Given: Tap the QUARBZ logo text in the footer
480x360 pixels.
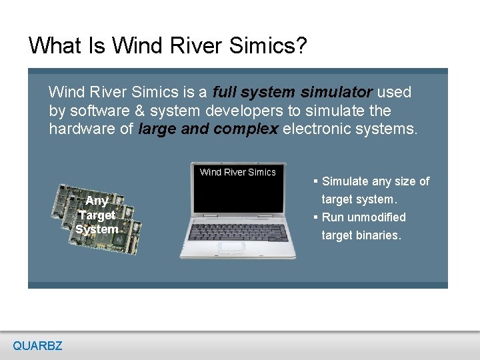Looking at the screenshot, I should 37,345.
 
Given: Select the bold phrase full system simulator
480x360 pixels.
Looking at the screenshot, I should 292,92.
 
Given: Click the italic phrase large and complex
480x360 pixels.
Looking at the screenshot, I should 208,129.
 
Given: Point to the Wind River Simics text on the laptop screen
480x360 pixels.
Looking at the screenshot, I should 237,172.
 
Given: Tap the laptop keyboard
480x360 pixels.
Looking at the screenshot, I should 238,229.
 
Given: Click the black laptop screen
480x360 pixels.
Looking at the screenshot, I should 237,190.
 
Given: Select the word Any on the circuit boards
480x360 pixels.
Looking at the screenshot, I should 97,201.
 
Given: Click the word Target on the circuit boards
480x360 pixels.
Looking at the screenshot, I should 97,215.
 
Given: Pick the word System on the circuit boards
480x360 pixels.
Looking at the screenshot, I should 97,229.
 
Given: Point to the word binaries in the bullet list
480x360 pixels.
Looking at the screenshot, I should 381,235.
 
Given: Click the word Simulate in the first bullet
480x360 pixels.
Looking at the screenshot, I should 347,181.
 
